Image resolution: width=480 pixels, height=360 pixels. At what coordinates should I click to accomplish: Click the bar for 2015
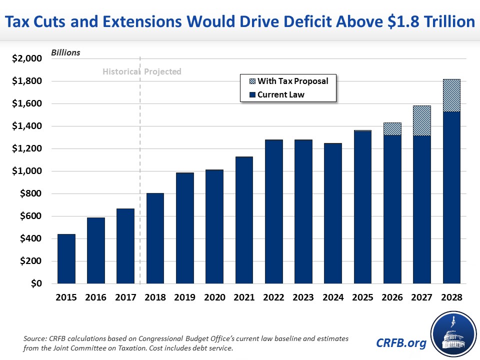pos(66,258)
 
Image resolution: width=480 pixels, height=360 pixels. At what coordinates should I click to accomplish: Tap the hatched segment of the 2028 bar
pos(451,95)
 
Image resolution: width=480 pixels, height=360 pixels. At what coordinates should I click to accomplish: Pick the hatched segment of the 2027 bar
pos(421,120)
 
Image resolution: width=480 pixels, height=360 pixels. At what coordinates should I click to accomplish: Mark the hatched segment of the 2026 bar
pos(392,128)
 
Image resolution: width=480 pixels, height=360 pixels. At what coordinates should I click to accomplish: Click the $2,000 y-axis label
pos(28,59)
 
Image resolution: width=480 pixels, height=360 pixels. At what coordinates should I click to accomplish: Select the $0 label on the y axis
pos(35,284)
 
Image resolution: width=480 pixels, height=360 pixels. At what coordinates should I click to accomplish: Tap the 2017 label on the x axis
pos(125,297)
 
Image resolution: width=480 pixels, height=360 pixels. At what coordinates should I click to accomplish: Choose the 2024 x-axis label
pos(332,297)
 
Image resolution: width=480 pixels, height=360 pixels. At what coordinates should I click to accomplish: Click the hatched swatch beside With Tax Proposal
pos(249,81)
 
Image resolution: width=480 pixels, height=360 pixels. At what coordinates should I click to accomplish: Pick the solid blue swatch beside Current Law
pos(249,94)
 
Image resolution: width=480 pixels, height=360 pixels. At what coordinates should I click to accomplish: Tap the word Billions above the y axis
pos(65,52)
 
